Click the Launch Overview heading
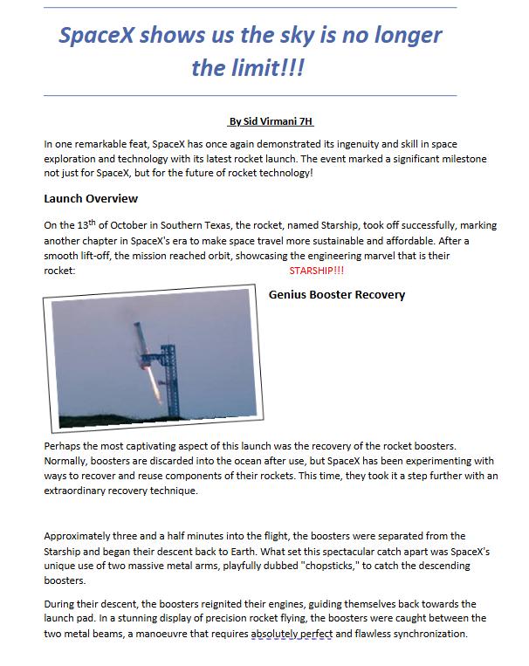pos(91,198)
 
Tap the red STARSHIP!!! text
pos(316,271)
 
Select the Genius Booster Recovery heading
pos(337,294)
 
